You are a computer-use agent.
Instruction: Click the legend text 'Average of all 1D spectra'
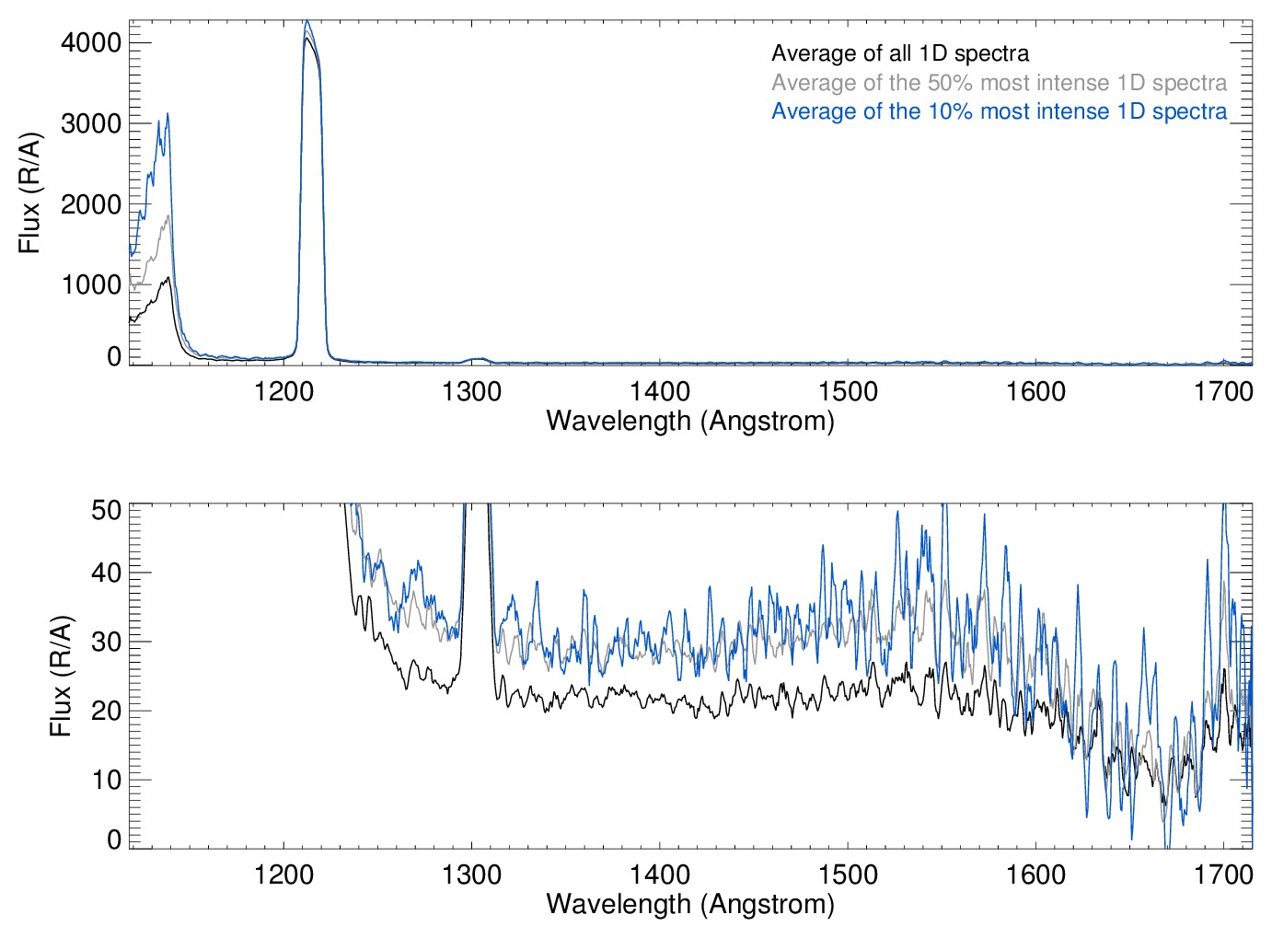coord(899,54)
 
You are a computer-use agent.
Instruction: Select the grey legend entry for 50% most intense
coord(999,83)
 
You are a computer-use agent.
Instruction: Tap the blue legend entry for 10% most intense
coord(999,111)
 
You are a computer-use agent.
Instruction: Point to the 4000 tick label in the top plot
coord(91,42)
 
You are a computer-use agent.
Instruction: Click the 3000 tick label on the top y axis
coord(91,123)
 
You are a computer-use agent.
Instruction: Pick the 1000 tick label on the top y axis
coord(91,284)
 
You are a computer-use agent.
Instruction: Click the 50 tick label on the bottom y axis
coord(107,510)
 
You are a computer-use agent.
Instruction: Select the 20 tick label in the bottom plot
coord(107,711)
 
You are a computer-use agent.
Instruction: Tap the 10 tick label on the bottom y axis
coord(107,780)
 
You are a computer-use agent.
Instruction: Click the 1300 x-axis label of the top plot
coord(471,392)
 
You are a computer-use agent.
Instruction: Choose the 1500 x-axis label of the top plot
coord(848,392)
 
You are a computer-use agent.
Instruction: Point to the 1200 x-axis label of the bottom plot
coord(283,874)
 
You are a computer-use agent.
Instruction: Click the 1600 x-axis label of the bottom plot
coord(1035,874)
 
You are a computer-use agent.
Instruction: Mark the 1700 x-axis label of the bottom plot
coord(1223,874)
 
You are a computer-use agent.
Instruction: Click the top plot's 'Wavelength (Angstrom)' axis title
coord(690,422)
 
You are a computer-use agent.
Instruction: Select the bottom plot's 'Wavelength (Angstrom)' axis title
coord(690,904)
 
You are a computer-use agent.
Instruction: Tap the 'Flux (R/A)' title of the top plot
coord(30,193)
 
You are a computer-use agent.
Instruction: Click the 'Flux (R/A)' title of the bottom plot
coord(61,677)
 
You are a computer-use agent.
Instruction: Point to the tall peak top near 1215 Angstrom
coord(306,22)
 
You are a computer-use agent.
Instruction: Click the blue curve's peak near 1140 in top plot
coord(168,114)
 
